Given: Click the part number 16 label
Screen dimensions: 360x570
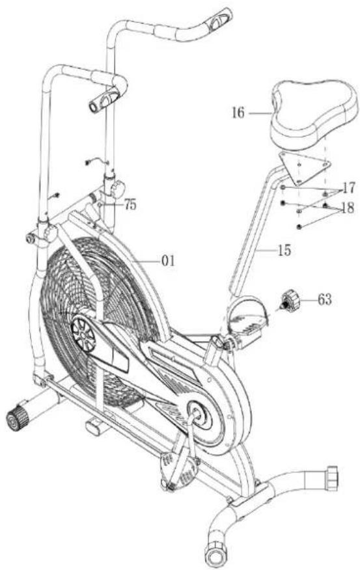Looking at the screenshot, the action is click(238, 113).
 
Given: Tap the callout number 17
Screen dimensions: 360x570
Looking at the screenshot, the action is click(348, 188).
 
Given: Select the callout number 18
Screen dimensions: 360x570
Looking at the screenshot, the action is click(348, 208).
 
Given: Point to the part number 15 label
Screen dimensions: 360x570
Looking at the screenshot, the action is click(284, 250).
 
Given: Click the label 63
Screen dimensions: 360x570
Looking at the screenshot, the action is click(325, 299).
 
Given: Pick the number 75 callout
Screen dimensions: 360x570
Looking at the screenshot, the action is click(130, 205).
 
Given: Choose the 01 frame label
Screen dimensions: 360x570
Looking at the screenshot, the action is click(168, 261).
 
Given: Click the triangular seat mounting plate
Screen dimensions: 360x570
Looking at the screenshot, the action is click(303, 167).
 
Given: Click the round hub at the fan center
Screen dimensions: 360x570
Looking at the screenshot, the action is click(83, 334).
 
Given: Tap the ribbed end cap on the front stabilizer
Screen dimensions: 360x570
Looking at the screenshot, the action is click(17, 419).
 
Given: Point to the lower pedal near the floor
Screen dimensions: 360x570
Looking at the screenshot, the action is click(179, 470).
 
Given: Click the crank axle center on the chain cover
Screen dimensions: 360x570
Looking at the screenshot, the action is click(195, 414).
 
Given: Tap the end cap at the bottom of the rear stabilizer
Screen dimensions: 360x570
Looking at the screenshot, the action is click(216, 555).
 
